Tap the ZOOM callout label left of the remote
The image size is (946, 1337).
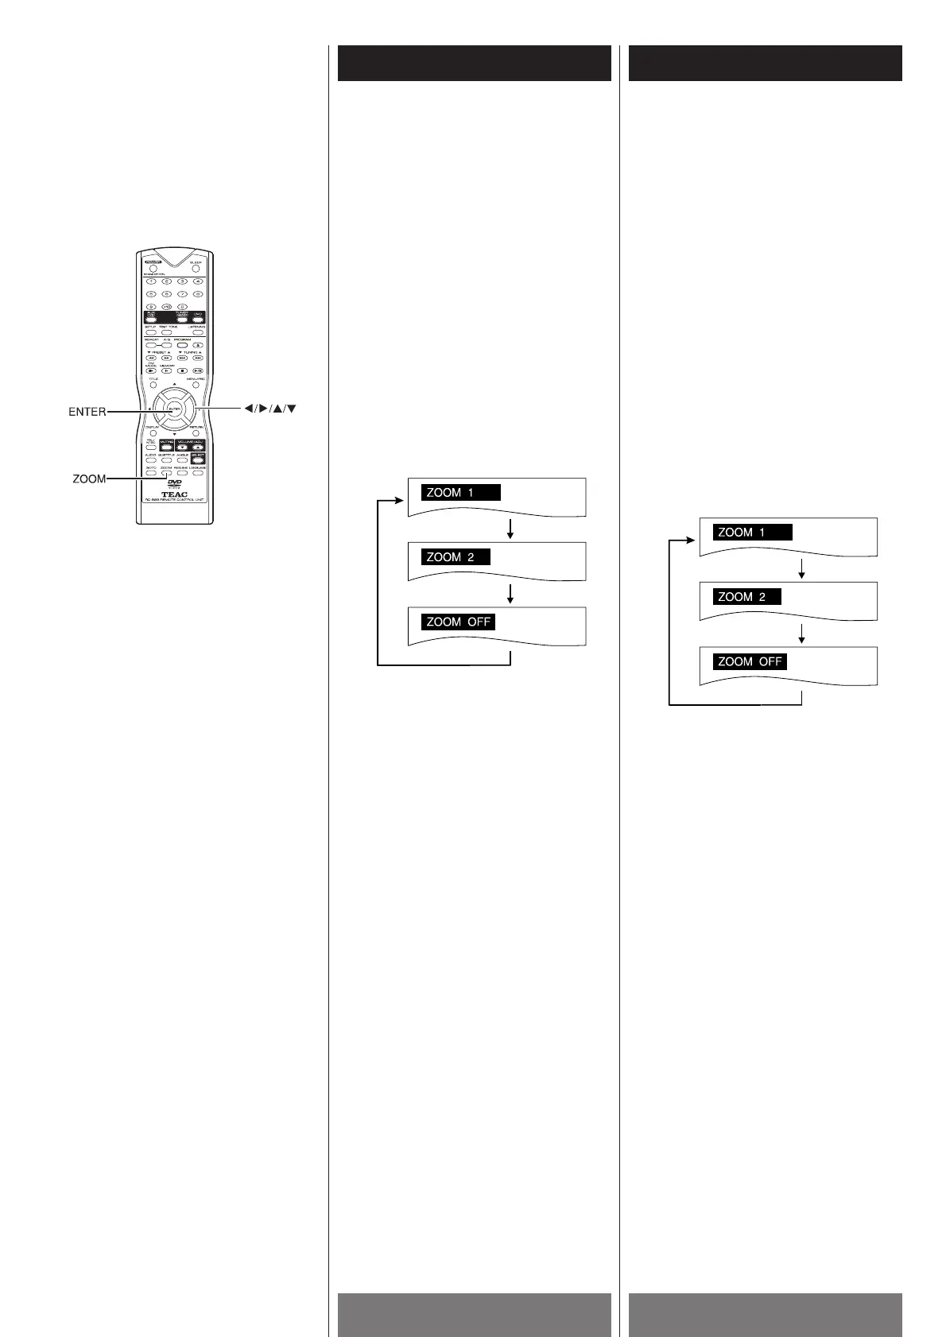coord(89,479)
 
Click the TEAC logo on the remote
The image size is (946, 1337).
coord(174,495)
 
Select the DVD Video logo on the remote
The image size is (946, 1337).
coord(175,483)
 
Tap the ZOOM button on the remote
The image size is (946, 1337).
coord(165,473)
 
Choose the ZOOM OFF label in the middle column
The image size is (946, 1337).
coord(458,622)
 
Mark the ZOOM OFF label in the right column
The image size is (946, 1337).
coord(750,661)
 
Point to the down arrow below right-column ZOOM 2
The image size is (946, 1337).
coord(801,634)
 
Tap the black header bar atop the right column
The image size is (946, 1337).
coord(765,64)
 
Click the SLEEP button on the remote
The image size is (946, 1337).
coord(195,269)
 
